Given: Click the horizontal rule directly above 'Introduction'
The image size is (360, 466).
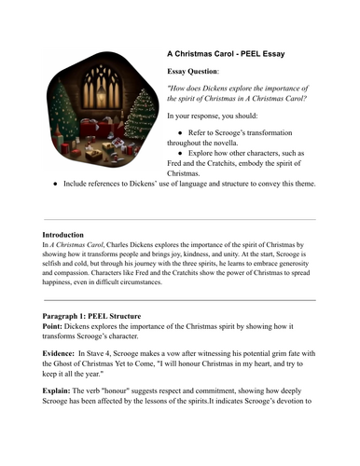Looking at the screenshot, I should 179,219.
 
